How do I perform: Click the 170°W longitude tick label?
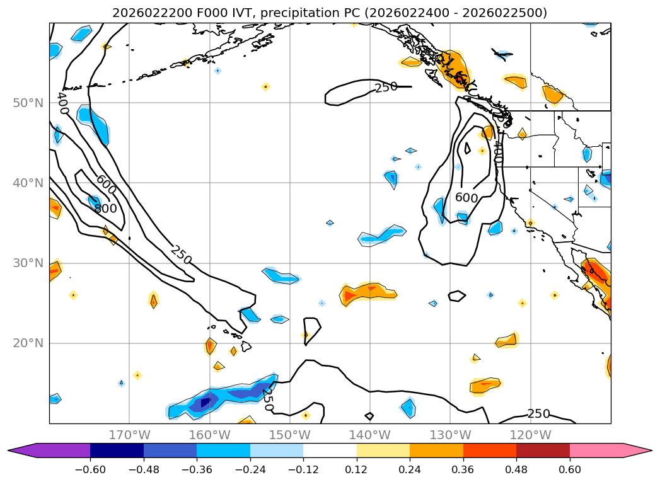(x=129, y=435)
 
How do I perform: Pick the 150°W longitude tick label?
(x=289, y=435)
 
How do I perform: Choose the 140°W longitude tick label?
(x=369, y=435)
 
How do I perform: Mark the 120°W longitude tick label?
(x=530, y=435)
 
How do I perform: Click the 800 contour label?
(x=105, y=208)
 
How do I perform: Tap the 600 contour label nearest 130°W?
(x=466, y=197)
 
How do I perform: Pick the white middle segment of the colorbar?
(x=330, y=450)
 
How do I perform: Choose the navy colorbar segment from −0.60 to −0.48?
(x=117, y=450)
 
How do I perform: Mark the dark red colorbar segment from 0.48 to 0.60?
(x=543, y=450)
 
